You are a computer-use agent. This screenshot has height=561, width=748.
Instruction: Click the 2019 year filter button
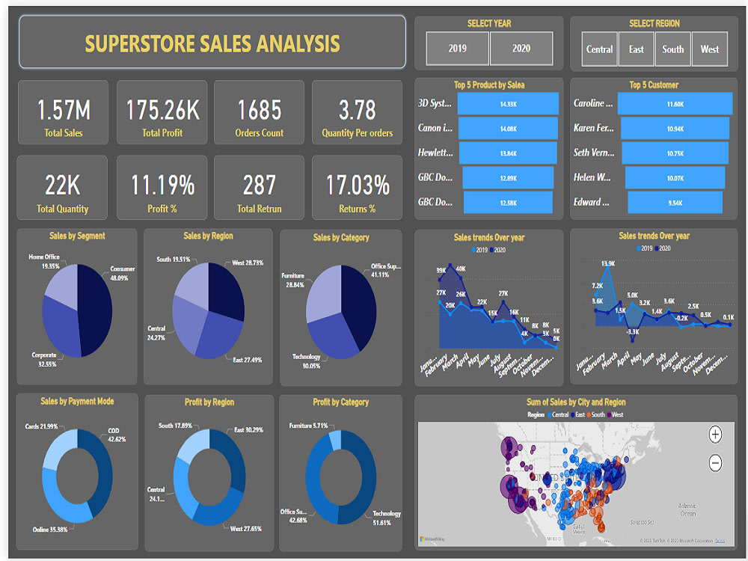point(458,49)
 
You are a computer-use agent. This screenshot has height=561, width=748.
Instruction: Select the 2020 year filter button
point(521,49)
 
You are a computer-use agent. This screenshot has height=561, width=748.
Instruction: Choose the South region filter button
point(672,49)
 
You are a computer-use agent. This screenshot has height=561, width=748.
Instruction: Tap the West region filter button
point(710,49)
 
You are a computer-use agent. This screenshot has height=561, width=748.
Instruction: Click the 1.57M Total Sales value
point(64,111)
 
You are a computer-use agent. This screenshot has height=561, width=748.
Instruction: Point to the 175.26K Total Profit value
point(162,111)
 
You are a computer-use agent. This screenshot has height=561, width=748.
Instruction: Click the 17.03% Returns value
point(357,185)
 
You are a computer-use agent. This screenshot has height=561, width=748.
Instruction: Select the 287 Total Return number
point(259,185)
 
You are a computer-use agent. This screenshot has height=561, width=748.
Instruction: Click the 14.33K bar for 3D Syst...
point(508,104)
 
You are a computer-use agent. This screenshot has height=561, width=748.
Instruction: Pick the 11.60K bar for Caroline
point(675,104)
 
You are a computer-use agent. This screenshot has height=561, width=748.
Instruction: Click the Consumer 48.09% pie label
point(123,273)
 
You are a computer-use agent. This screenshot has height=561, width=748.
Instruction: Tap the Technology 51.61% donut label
point(387,518)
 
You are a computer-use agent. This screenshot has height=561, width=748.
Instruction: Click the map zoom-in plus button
point(715,435)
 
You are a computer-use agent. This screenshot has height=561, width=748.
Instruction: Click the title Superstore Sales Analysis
point(212,43)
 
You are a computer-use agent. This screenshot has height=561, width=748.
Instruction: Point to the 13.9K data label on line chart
point(607,264)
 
